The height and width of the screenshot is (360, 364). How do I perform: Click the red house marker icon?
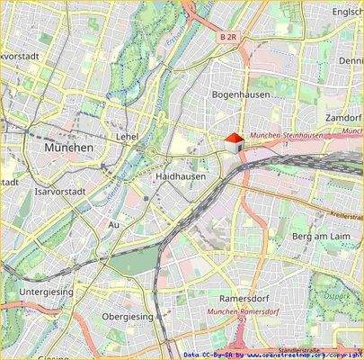click(234, 142)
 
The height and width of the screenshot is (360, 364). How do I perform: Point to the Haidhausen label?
click(180, 177)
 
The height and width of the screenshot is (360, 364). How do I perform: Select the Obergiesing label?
click(129, 316)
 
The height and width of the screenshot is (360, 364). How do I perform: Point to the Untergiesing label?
click(46, 292)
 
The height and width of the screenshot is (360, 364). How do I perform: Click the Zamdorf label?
click(344, 118)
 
